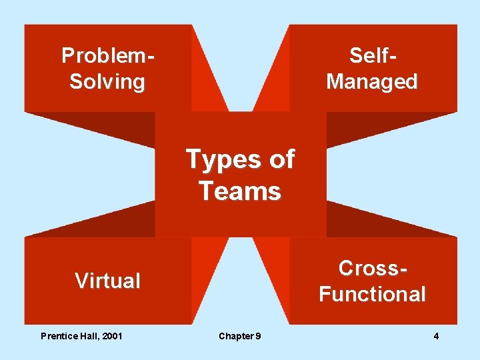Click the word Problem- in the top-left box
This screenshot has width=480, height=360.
coord(107,55)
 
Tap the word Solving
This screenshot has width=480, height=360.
coord(107,82)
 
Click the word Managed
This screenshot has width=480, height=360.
coord(372,82)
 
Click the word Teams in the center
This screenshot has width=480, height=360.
coord(240,191)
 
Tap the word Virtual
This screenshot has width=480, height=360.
coord(107,281)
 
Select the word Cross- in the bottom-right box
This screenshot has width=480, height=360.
coord(372,268)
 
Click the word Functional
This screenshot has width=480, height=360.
coord(372,294)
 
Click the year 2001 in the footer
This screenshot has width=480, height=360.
coord(111,336)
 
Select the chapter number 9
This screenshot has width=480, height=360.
coord(258,336)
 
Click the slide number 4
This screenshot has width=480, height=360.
coord(436,336)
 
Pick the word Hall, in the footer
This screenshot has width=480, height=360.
coord(88,336)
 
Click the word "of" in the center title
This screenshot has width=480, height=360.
coord(280,159)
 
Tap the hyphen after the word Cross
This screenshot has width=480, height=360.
coord(401,269)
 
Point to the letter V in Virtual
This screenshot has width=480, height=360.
coord(81,281)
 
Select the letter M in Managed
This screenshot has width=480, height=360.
coord(335,82)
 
